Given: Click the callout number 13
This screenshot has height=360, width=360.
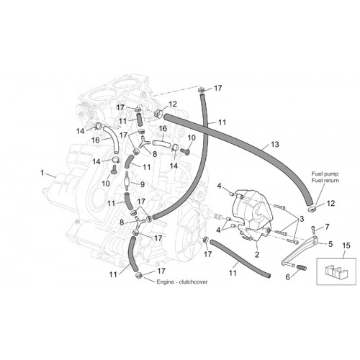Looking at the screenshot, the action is point(275,144).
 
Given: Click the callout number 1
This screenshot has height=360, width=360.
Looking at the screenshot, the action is point(42,173).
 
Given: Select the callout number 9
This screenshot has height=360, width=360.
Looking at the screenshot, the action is point(143,184).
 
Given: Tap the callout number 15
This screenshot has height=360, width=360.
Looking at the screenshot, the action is point(346,246).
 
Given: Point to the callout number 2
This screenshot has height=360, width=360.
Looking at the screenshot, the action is point(257,254).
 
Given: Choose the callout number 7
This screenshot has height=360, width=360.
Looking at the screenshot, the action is point(327,227).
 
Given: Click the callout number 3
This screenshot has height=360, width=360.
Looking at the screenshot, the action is point(302,219).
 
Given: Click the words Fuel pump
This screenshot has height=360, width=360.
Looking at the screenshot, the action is point(325,174).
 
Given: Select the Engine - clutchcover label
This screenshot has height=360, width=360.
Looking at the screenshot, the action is point(182,282).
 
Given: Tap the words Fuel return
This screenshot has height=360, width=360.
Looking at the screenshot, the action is point(325,180).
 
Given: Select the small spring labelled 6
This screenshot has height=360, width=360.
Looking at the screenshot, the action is point(302,267).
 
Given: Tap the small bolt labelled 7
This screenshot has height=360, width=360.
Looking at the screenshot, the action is point(313,230).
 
